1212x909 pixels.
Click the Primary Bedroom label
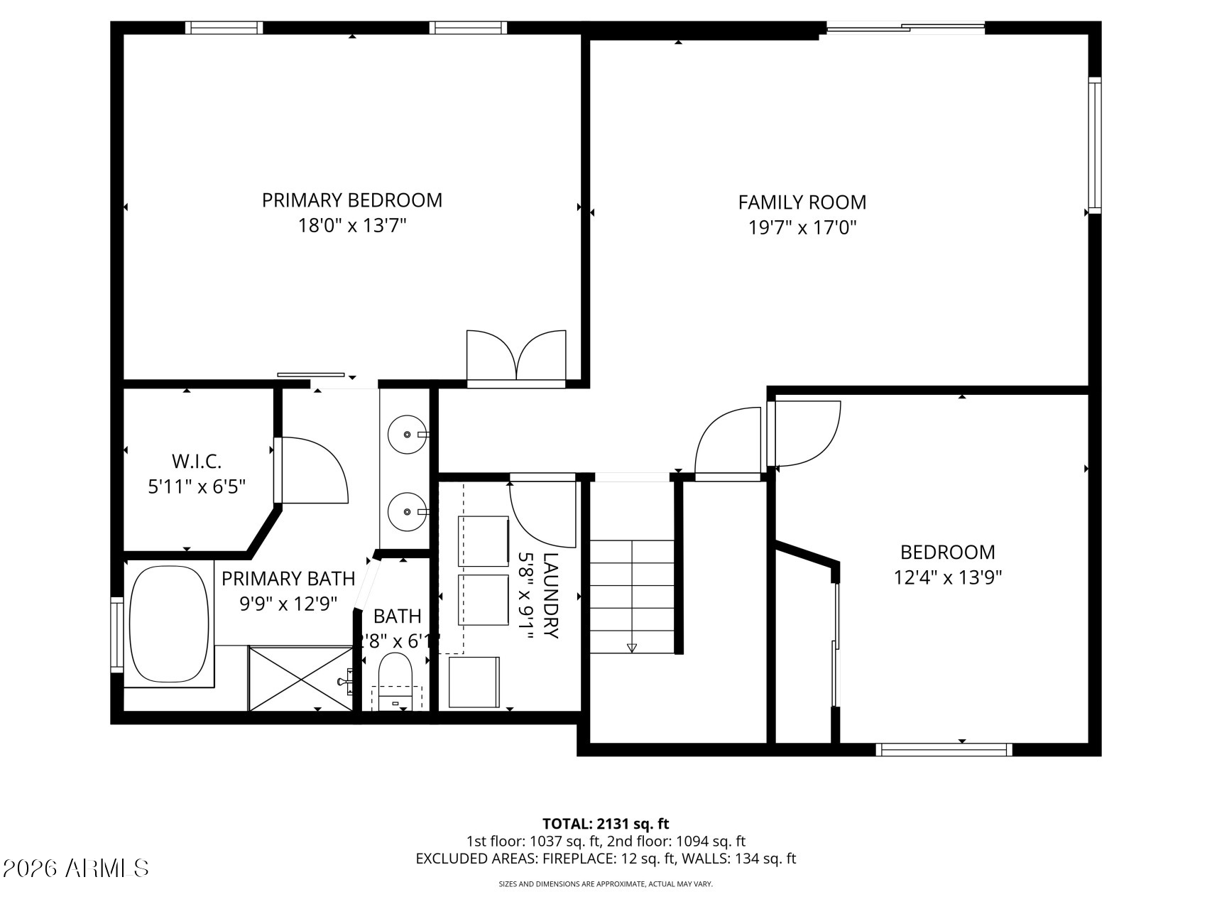pyautogui.click(x=351, y=200)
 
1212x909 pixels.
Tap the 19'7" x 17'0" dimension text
pyautogui.click(x=802, y=228)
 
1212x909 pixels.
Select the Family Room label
pyautogui.click(x=802, y=202)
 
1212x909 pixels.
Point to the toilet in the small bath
pyautogui.click(x=395, y=675)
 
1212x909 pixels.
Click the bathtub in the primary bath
pyautogui.click(x=169, y=625)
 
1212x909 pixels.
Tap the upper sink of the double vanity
pyautogui.click(x=408, y=433)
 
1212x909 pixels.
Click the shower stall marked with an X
pyautogui.click(x=301, y=677)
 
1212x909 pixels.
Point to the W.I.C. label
pyautogui.click(x=197, y=462)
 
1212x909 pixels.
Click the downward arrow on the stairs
pyautogui.click(x=632, y=647)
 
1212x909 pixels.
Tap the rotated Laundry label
pyautogui.click(x=551, y=596)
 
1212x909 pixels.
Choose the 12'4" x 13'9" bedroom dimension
pyautogui.click(x=947, y=577)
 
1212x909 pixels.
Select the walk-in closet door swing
pyautogui.click(x=312, y=470)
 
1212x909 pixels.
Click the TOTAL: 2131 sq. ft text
pyautogui.click(x=606, y=824)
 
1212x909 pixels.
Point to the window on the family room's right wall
pyautogui.click(x=1094, y=146)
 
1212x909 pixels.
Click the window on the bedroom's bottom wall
pyautogui.click(x=944, y=749)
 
